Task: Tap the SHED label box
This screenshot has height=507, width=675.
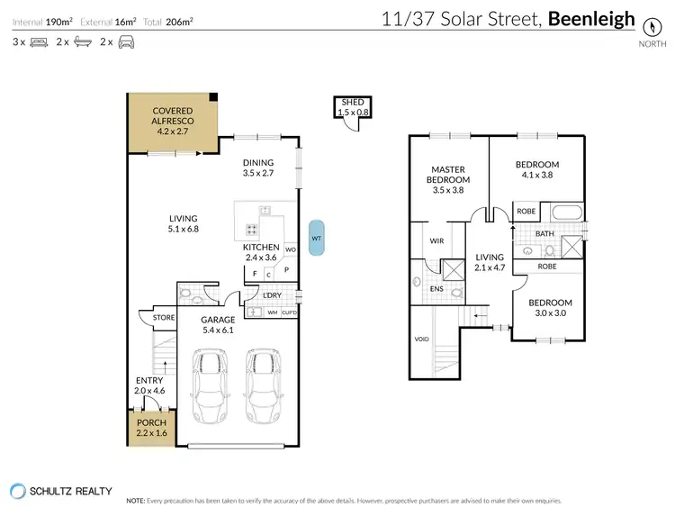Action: coord(349,108)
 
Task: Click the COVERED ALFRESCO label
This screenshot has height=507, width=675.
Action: coord(173,121)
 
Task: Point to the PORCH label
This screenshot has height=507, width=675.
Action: coord(150,427)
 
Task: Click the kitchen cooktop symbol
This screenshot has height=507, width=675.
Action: coord(251,229)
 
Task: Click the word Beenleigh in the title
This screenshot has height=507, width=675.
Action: coord(592,19)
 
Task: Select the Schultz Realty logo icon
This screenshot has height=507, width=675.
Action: coord(19,492)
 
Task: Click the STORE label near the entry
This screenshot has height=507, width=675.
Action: coord(163,317)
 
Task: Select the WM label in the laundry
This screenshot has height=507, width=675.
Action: coord(272,312)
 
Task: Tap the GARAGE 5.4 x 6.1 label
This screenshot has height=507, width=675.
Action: coord(218,324)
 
